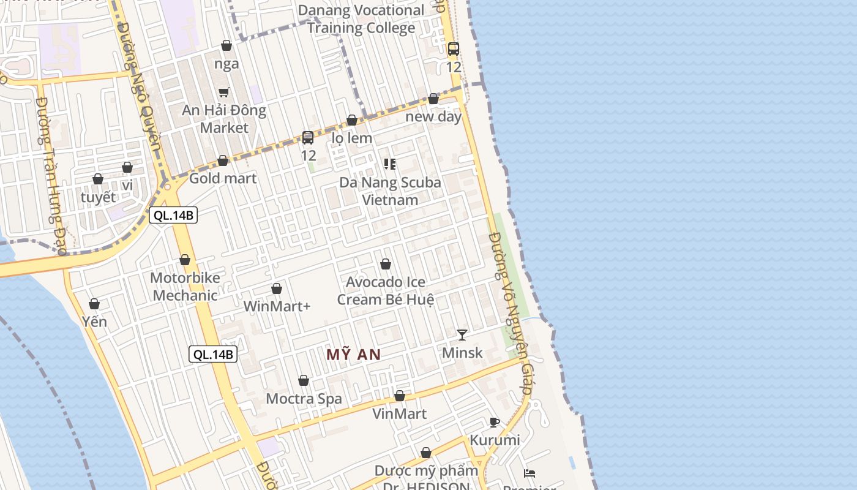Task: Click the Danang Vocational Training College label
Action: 365,19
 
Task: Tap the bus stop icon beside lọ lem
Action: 308,138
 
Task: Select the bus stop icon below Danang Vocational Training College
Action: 453,49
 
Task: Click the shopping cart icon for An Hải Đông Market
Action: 224,92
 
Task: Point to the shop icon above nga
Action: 226,45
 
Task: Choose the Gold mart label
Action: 223,178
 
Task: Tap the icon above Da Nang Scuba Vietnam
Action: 389,164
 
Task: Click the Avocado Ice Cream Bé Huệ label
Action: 386,291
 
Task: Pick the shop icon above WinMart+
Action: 277,288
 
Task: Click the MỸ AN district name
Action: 353,354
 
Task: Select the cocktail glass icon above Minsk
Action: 462,334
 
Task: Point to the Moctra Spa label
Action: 304,399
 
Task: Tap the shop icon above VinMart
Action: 400,396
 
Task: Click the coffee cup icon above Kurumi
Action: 495,422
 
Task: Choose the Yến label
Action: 94,322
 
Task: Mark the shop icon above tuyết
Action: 98,179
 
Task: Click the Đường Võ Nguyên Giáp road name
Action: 511,312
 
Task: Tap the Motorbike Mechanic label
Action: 184,287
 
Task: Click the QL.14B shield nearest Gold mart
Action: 173,215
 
